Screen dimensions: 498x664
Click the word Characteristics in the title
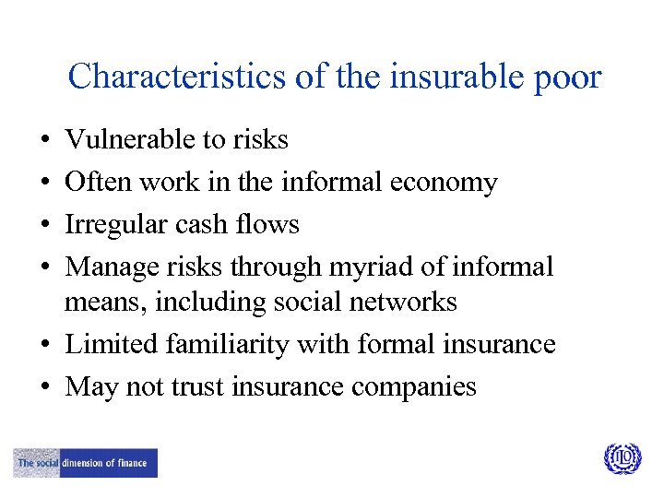tap(175, 76)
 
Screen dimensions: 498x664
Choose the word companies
tap(414, 386)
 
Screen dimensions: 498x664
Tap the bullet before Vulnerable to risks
tap(45, 141)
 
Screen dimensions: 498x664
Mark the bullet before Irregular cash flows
tap(45, 226)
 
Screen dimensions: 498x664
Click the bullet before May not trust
tap(45, 388)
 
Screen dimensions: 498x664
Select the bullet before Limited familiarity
tap(45, 346)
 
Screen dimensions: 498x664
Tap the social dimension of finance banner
tap(86, 463)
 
